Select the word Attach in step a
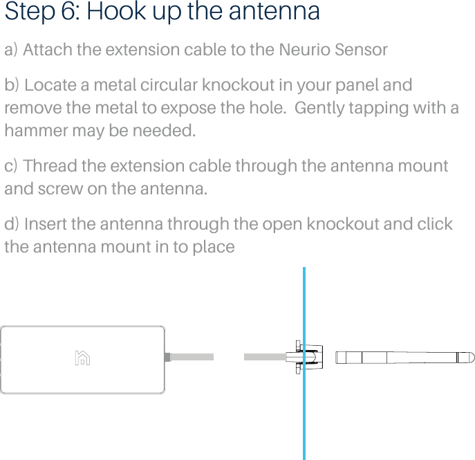pyautogui.click(x=49, y=50)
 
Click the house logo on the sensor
pyautogui.click(x=82, y=358)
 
